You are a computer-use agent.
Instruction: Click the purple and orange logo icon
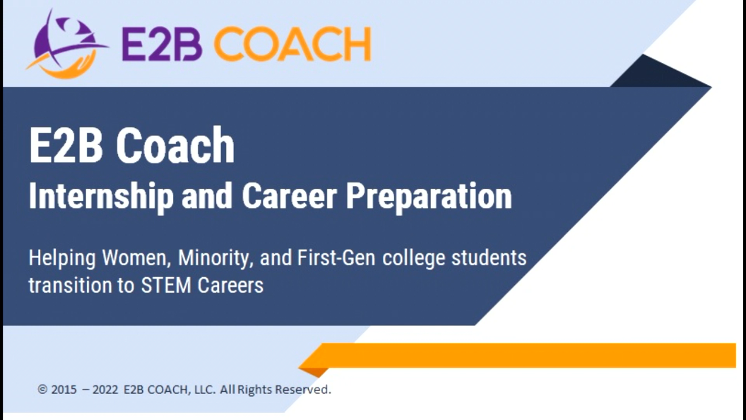pyautogui.click(x=66, y=44)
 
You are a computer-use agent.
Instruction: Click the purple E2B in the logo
pyautogui.click(x=162, y=44)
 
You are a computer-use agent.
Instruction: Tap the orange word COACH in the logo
pyautogui.click(x=292, y=44)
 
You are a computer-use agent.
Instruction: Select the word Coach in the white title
pyautogui.click(x=175, y=145)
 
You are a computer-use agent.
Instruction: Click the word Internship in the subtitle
pyautogui.click(x=101, y=196)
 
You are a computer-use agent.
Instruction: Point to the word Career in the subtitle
pyautogui.click(x=289, y=195)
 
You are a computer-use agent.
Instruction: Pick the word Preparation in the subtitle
pyautogui.click(x=429, y=196)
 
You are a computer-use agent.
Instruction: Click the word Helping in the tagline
pyautogui.click(x=62, y=259)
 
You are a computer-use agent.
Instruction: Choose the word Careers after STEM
pyautogui.click(x=230, y=286)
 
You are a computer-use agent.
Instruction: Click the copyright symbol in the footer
pyautogui.click(x=42, y=390)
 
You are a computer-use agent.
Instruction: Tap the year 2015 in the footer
pyautogui.click(x=64, y=390)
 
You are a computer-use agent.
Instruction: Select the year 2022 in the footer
pyautogui.click(x=105, y=390)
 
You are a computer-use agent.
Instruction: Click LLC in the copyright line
pyautogui.click(x=205, y=390)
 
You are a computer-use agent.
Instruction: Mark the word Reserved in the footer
pyautogui.click(x=303, y=390)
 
